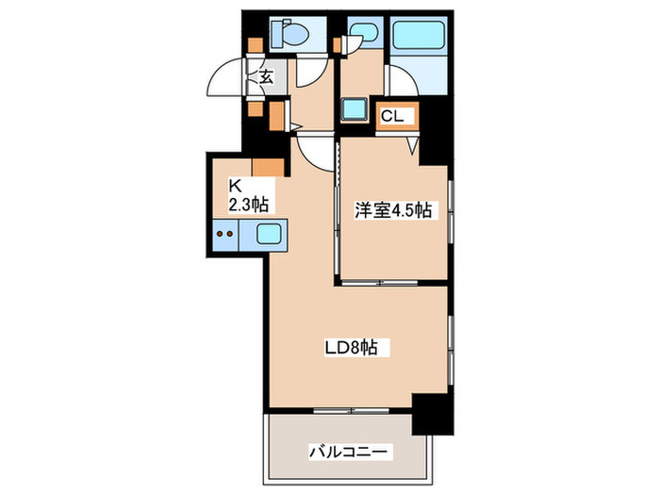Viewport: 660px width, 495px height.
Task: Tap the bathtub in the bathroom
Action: [x=419, y=37]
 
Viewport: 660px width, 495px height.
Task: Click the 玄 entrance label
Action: [x=267, y=77]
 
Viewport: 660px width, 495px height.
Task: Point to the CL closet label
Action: [x=392, y=116]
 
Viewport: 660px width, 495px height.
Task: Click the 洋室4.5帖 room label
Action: [x=393, y=211]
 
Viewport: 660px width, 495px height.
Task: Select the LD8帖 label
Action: [x=351, y=349]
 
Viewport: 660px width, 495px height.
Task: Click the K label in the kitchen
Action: [x=235, y=186]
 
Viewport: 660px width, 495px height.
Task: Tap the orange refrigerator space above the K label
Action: [x=267, y=168]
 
